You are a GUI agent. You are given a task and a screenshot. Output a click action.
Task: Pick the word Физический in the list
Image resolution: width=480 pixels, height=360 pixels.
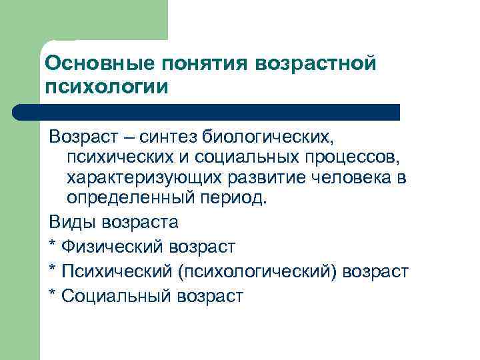[x=106, y=247]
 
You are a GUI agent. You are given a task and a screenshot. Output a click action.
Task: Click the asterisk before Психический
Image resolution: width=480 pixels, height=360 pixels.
[x=53, y=271]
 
